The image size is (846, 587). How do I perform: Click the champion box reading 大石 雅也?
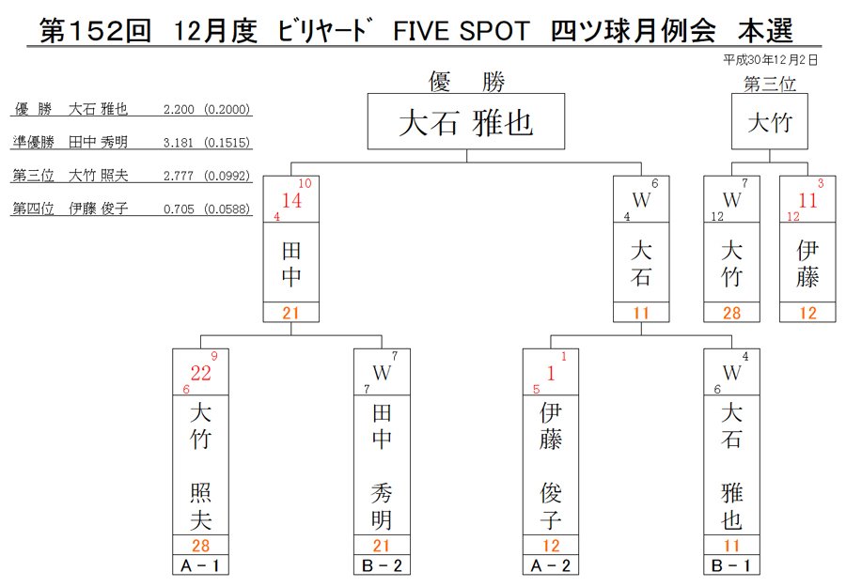[x=466, y=121]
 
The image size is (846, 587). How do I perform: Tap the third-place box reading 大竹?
[x=769, y=121]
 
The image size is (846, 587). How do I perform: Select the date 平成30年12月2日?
[x=771, y=60]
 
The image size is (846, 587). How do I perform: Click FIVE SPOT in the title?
[x=462, y=31]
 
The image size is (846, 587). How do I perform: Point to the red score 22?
[x=201, y=373]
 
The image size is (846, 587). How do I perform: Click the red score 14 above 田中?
[x=291, y=200]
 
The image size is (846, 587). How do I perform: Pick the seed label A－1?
[x=200, y=565]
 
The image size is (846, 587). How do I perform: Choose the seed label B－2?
[x=382, y=565]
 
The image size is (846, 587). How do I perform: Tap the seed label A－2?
[x=550, y=565]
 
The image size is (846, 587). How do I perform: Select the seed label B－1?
[x=731, y=565]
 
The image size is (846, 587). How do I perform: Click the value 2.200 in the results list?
[x=179, y=110]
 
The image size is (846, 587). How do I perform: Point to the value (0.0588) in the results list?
[x=227, y=209]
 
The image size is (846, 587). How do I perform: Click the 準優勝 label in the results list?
[x=34, y=143]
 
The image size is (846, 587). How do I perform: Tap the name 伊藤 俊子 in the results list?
[x=98, y=209]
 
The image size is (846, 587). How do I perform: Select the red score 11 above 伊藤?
[x=807, y=200]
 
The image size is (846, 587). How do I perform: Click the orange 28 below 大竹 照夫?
[x=201, y=545]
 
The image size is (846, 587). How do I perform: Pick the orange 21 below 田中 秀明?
[x=382, y=545]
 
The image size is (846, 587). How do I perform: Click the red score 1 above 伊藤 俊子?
[x=550, y=373]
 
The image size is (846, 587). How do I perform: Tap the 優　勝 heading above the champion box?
[x=466, y=82]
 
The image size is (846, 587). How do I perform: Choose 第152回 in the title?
[x=95, y=31]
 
